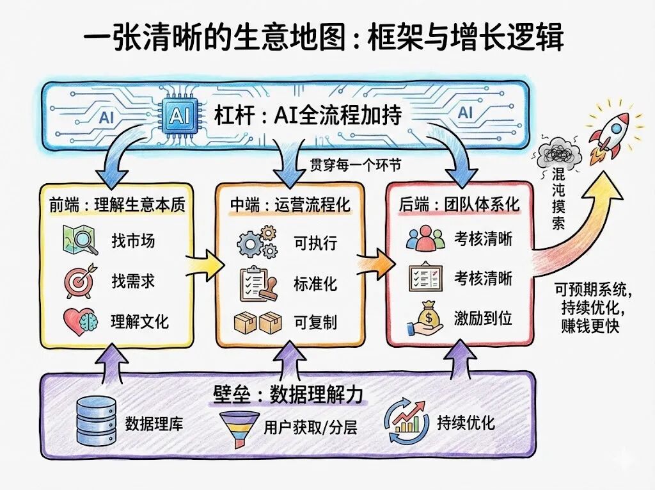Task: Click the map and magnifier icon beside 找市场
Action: click(81, 240)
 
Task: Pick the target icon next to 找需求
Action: click(81, 280)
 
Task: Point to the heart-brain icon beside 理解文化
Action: click(80, 320)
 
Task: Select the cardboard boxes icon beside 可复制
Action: click(258, 322)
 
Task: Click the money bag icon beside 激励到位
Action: click(425, 319)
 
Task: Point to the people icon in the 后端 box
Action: click(425, 240)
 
